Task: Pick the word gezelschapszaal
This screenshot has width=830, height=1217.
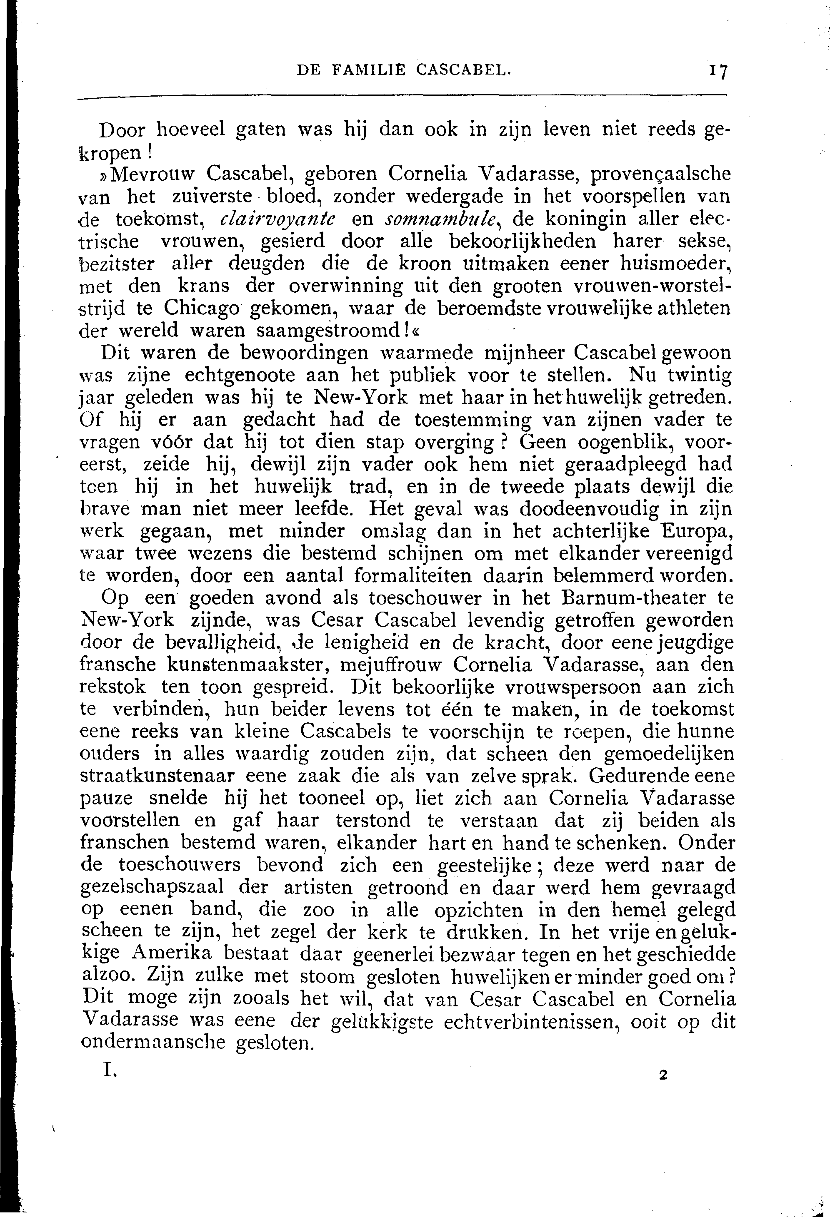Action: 153,888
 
